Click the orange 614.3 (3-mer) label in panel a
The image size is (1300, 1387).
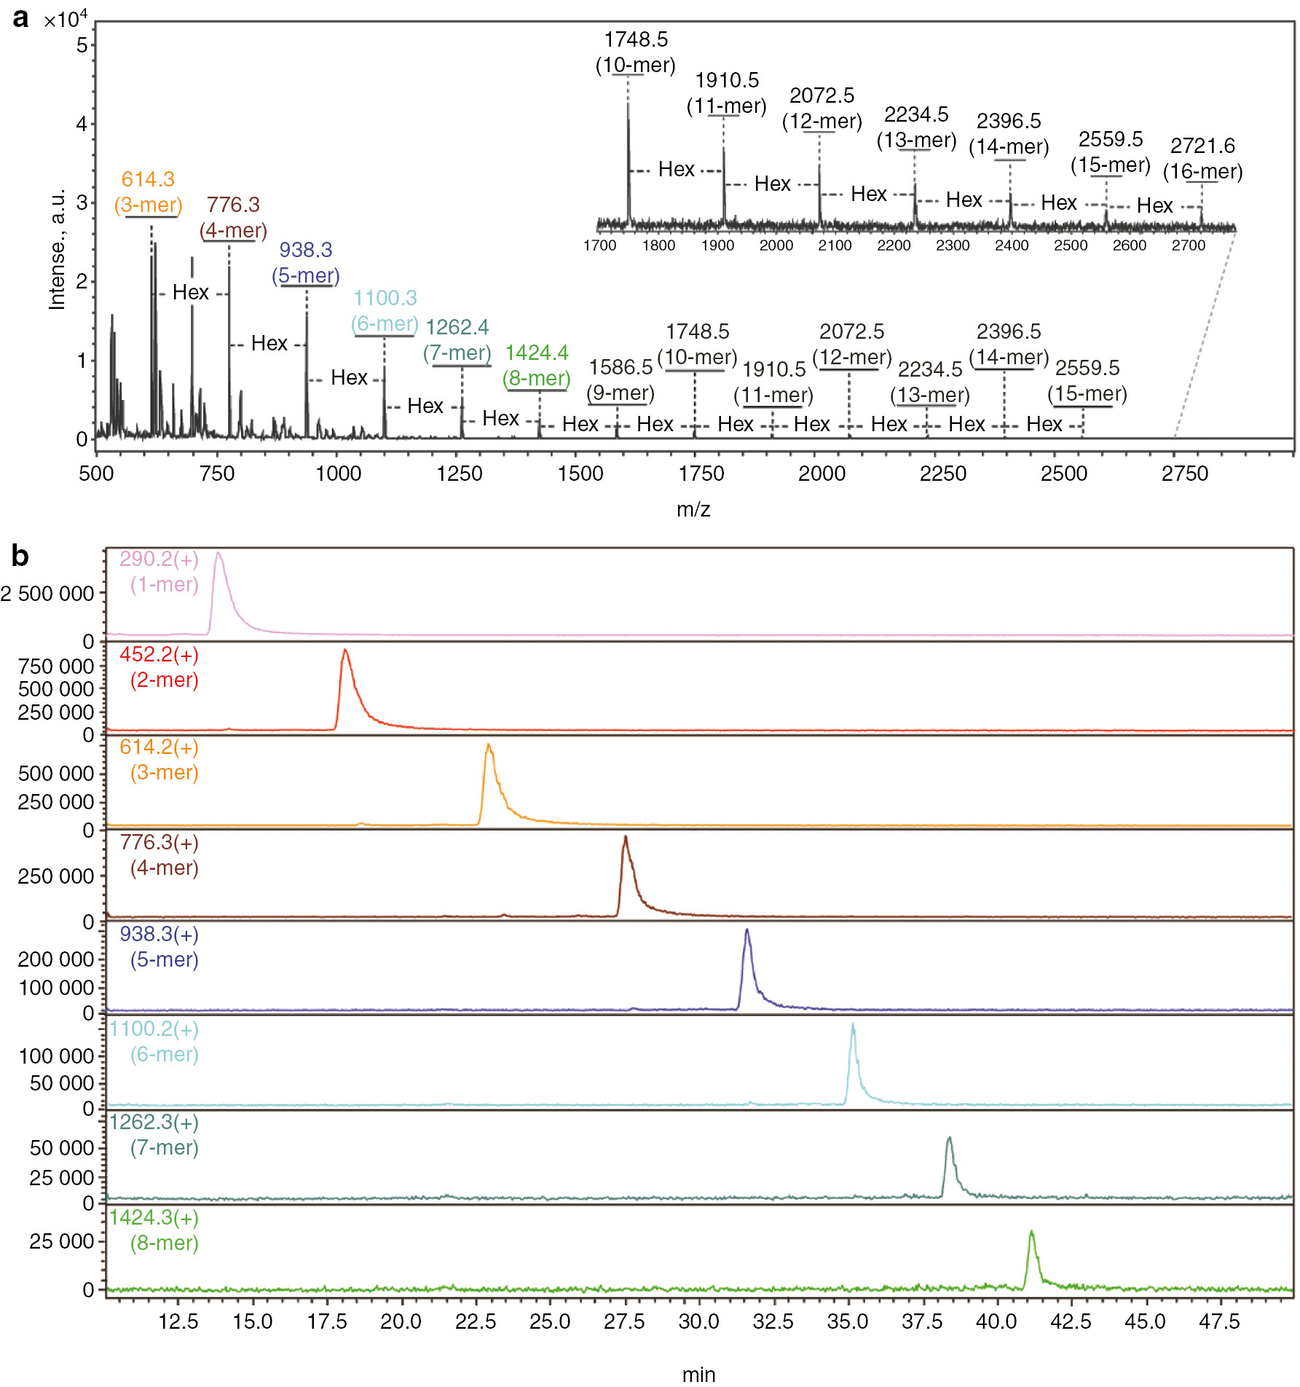coord(148,192)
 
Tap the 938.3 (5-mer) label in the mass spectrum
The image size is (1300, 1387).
coord(306,262)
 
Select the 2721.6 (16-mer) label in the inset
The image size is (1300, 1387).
coord(1202,159)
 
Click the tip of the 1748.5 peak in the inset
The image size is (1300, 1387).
coord(629,104)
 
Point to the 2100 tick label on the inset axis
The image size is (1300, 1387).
coord(835,245)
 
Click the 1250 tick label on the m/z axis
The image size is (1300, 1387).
coord(459,474)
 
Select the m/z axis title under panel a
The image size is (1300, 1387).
coord(693,509)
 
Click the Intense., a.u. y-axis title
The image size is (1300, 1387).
coord(57,249)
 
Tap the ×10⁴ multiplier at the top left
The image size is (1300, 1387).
coord(66,19)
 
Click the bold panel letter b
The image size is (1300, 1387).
coord(20,556)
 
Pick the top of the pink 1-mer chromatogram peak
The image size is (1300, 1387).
coord(218,553)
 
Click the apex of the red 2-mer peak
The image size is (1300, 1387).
coord(345,650)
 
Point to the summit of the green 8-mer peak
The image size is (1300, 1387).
coord(1031,1232)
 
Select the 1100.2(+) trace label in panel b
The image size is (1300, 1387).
coord(154,1029)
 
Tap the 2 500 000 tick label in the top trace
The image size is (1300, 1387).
coord(47,594)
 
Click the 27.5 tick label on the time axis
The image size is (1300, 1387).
coord(624,1321)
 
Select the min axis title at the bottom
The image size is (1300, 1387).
coord(698,1374)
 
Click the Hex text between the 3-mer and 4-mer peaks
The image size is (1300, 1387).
coord(191,292)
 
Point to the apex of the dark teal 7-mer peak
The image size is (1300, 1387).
coord(949,1137)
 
